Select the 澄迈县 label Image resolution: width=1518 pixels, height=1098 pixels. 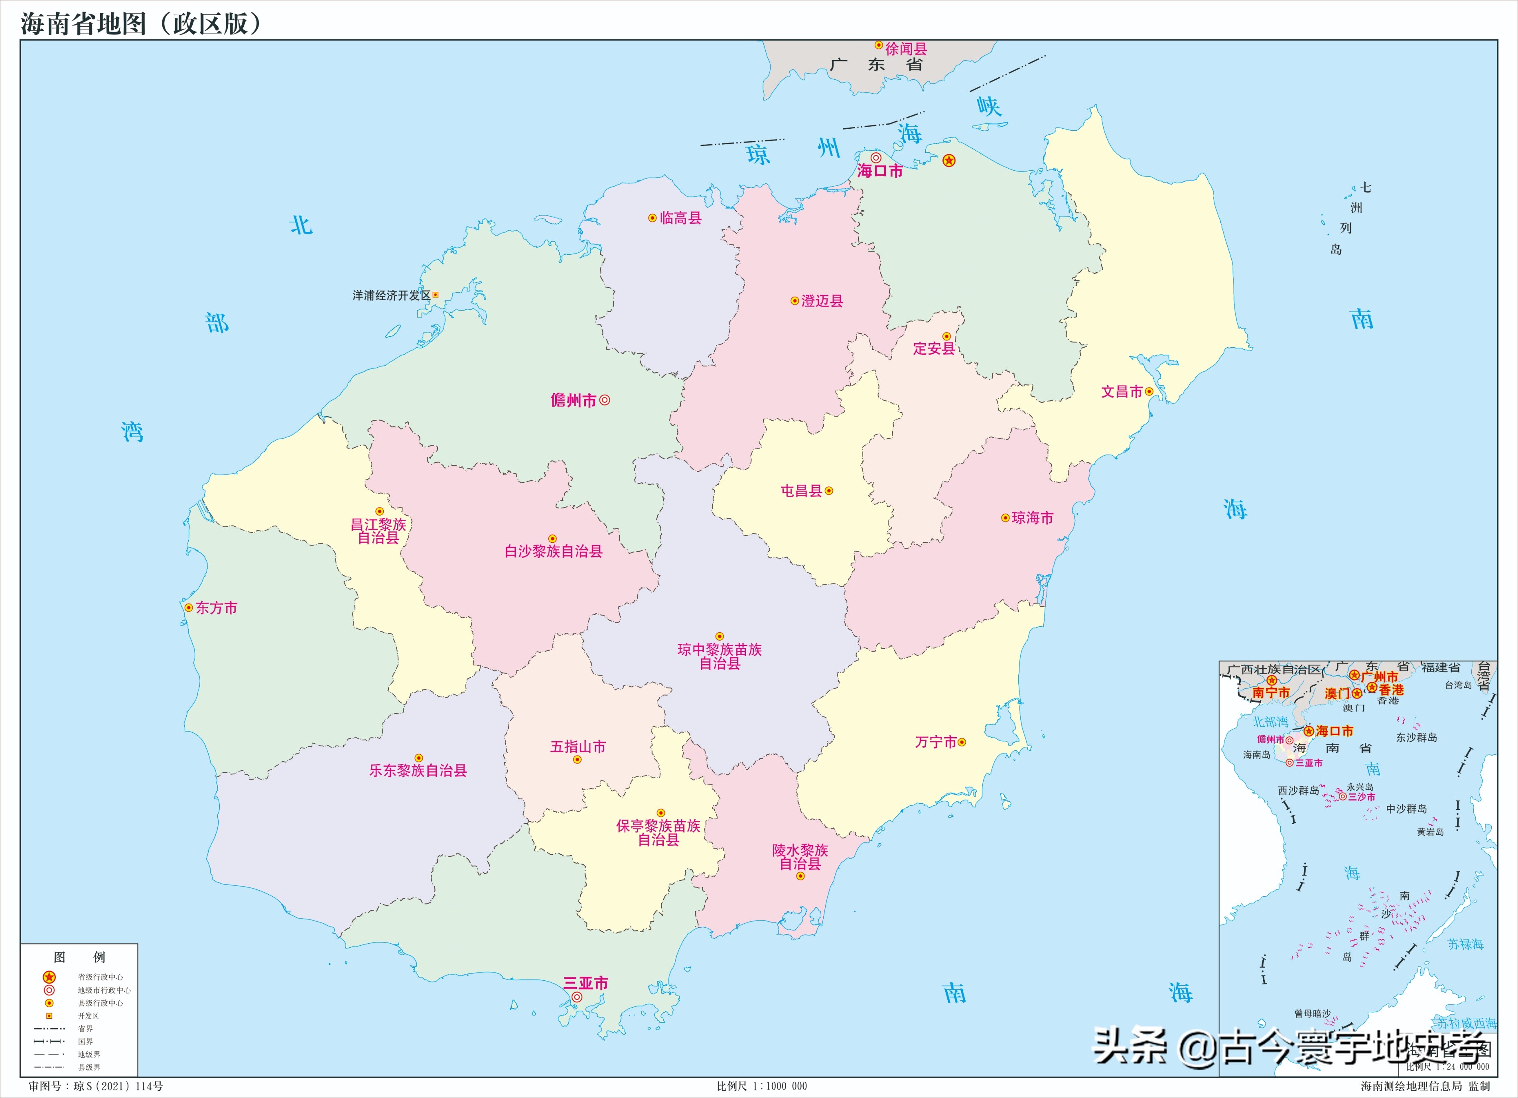pos(822,301)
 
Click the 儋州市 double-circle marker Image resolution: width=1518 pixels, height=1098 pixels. pos(604,400)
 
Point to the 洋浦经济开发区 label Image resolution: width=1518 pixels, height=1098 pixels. pos(392,295)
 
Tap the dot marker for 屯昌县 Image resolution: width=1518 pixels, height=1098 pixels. pos(829,490)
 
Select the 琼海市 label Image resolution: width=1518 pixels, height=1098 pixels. pos(1032,518)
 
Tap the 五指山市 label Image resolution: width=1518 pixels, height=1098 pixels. pos(578,747)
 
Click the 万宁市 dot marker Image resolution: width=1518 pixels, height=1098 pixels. pos(962,742)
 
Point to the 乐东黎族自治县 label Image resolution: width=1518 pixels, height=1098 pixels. pos(418,770)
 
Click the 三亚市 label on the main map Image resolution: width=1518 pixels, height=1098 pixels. pos(586,983)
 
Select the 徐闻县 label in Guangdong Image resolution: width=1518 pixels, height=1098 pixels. pos(906,49)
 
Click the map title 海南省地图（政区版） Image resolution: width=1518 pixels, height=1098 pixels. pos(140,24)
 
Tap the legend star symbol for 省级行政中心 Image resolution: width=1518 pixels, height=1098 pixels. pos(49,977)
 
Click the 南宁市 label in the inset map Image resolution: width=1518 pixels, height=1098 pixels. pos(1270,693)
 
